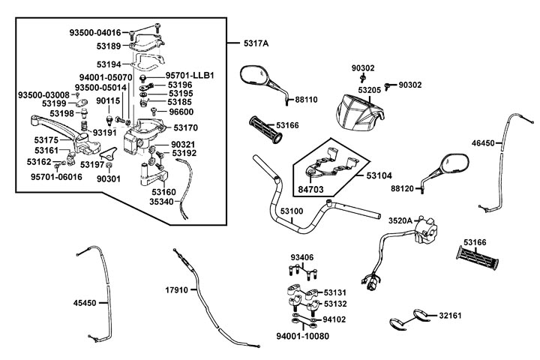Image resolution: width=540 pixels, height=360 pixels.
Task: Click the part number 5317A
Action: click(256, 44)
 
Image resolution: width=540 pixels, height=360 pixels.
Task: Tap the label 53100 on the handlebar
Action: click(292, 211)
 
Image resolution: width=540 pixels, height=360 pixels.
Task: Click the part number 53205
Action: click(370, 90)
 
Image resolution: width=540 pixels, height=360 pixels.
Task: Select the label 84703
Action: click(311, 189)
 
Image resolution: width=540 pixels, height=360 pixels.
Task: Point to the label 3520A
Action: click(400, 221)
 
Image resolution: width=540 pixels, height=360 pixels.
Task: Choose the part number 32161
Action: click(451, 316)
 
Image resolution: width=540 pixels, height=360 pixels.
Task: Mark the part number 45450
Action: click(85, 303)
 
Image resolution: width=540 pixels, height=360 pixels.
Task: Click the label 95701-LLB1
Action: click(190, 76)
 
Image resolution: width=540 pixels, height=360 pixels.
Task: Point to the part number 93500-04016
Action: click(95, 32)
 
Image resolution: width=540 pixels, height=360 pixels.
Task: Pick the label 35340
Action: click(161, 201)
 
